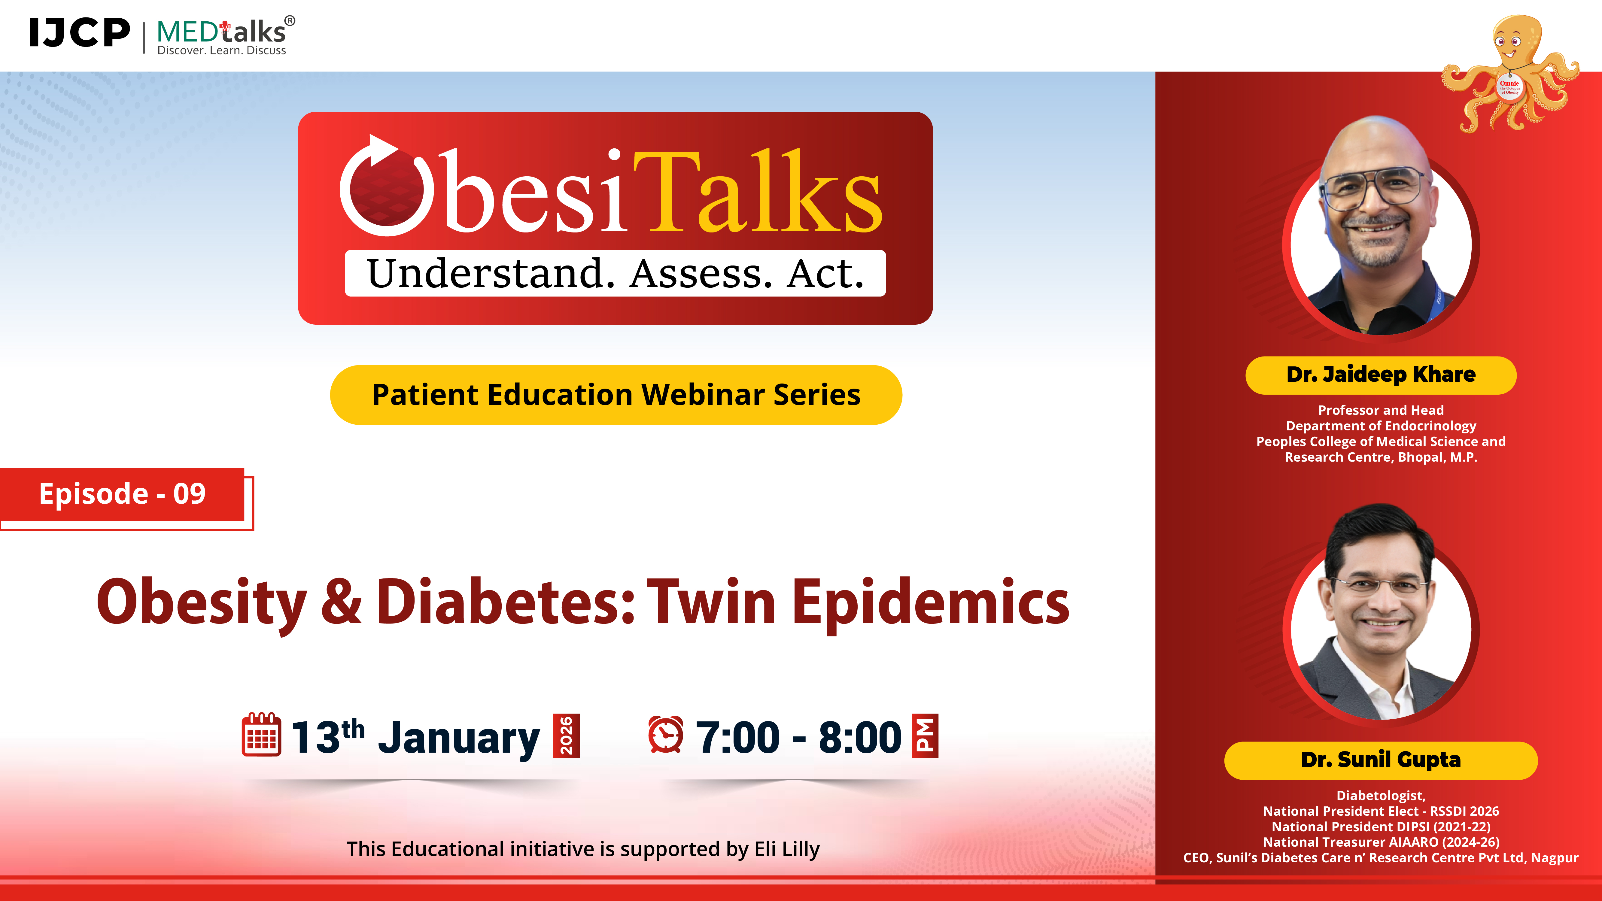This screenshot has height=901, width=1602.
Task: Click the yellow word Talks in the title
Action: pos(758,193)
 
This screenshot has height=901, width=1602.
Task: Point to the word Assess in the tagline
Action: pos(701,274)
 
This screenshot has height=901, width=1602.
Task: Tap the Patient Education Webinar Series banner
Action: pos(616,395)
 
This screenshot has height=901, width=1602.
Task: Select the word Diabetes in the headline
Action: pos(505,602)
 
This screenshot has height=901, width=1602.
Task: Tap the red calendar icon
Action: pos(260,735)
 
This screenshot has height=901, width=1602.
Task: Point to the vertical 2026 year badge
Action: pos(566,736)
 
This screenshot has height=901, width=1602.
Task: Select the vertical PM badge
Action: pos(925,736)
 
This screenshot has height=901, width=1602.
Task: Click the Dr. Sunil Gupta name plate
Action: pos(1381,760)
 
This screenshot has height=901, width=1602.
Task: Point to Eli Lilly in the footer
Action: pos(787,849)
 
